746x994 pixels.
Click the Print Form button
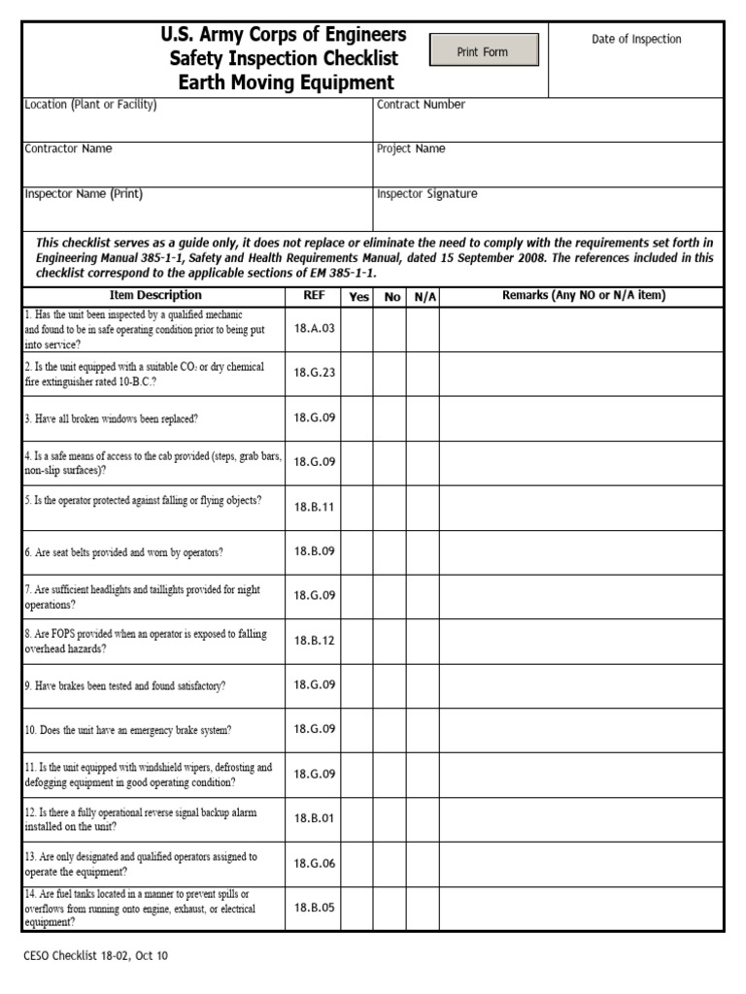483,51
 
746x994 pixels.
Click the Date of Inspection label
636,39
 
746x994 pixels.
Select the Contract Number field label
421,105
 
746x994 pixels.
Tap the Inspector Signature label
426,194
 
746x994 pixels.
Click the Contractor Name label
68,149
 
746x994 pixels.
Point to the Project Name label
411,149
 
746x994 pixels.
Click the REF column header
313,296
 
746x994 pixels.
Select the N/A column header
424,297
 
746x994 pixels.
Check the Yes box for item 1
357,329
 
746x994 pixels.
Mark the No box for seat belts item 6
391,551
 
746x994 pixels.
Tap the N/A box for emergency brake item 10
424,729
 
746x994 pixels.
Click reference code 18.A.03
313,329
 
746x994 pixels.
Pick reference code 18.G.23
313,374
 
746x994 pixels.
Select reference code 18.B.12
313,641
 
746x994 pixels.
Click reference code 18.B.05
313,909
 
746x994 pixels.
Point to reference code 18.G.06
313,864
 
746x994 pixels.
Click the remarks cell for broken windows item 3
581,418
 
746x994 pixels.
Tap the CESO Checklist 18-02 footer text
95,956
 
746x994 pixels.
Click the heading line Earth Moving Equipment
286,83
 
